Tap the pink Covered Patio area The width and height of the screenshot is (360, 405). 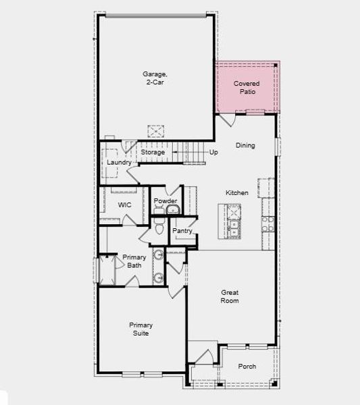click(247, 87)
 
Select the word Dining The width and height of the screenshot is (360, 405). click(245, 145)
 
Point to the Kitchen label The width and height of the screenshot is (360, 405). click(237, 193)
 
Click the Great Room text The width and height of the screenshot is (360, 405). click(230, 296)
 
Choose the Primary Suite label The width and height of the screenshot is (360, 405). click(140, 329)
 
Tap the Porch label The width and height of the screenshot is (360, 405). click(247, 367)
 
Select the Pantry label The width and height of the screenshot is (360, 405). click(182, 231)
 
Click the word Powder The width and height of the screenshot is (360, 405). click(165, 201)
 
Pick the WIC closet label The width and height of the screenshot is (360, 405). click(124, 205)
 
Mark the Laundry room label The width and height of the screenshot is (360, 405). click(119, 163)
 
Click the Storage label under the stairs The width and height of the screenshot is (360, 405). click(153, 153)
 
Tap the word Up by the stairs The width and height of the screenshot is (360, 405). click(213, 153)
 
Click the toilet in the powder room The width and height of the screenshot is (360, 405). click(159, 229)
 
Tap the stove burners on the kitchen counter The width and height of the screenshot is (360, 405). click(268, 223)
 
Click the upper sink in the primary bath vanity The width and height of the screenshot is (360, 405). click(158, 255)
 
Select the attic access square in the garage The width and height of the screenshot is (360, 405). click(157, 129)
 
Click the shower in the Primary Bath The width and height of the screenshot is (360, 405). click(105, 270)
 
